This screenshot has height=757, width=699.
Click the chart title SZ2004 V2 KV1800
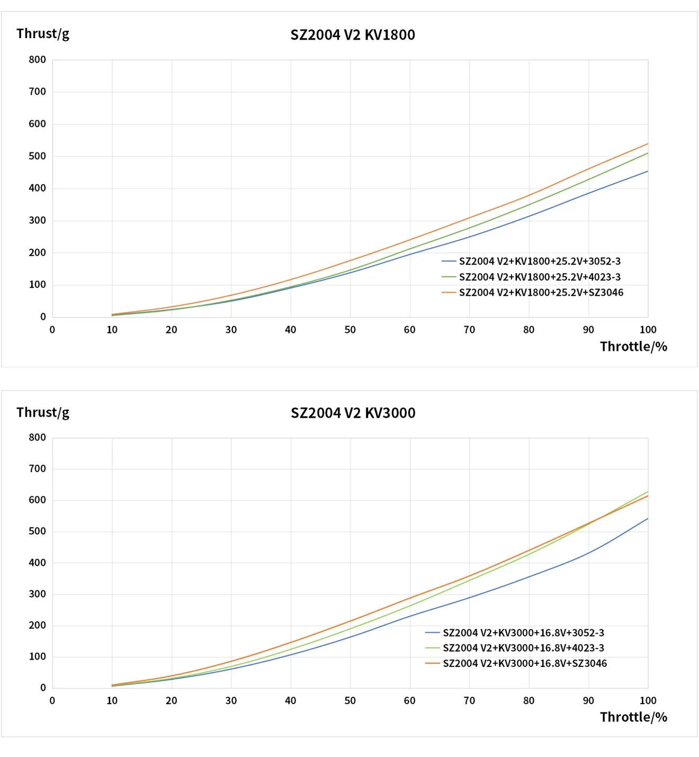tap(353, 35)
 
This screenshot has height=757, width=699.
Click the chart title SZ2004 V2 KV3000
tap(353, 413)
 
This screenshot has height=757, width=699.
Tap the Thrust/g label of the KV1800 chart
tap(43, 34)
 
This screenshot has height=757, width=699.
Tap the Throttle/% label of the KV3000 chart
tap(633, 717)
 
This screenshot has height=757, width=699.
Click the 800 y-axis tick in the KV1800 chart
tap(38, 60)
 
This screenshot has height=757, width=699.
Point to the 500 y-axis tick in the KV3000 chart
tap(38, 531)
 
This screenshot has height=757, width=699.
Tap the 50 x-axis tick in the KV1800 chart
tap(350, 330)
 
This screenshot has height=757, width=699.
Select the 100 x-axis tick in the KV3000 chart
tap(648, 701)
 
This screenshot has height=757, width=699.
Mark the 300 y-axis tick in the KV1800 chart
tap(38, 220)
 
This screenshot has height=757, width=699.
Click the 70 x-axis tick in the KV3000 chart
tap(469, 701)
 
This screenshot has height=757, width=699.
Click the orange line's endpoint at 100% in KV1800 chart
tap(648, 143)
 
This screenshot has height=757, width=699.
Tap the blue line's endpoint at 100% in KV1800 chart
tap(648, 171)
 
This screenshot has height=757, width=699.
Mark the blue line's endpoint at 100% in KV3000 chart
tap(648, 518)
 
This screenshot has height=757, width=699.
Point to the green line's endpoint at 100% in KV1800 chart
tap(648, 153)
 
